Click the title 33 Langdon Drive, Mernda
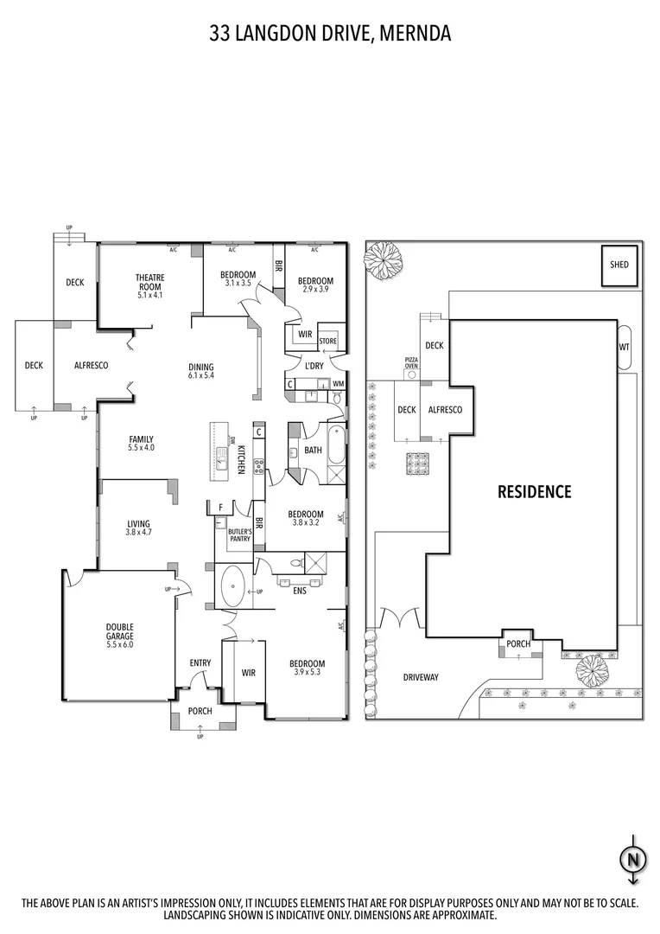point(330,34)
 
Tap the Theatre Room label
point(149,286)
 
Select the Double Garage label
point(120,636)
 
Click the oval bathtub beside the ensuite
point(232,587)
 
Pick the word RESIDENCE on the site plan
point(534,492)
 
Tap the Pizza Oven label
point(411,362)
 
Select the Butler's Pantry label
point(239,535)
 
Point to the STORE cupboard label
point(327,341)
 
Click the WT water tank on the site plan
point(624,348)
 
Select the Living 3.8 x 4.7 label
point(138,528)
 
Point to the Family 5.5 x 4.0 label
point(141,443)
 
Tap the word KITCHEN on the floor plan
point(244,457)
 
